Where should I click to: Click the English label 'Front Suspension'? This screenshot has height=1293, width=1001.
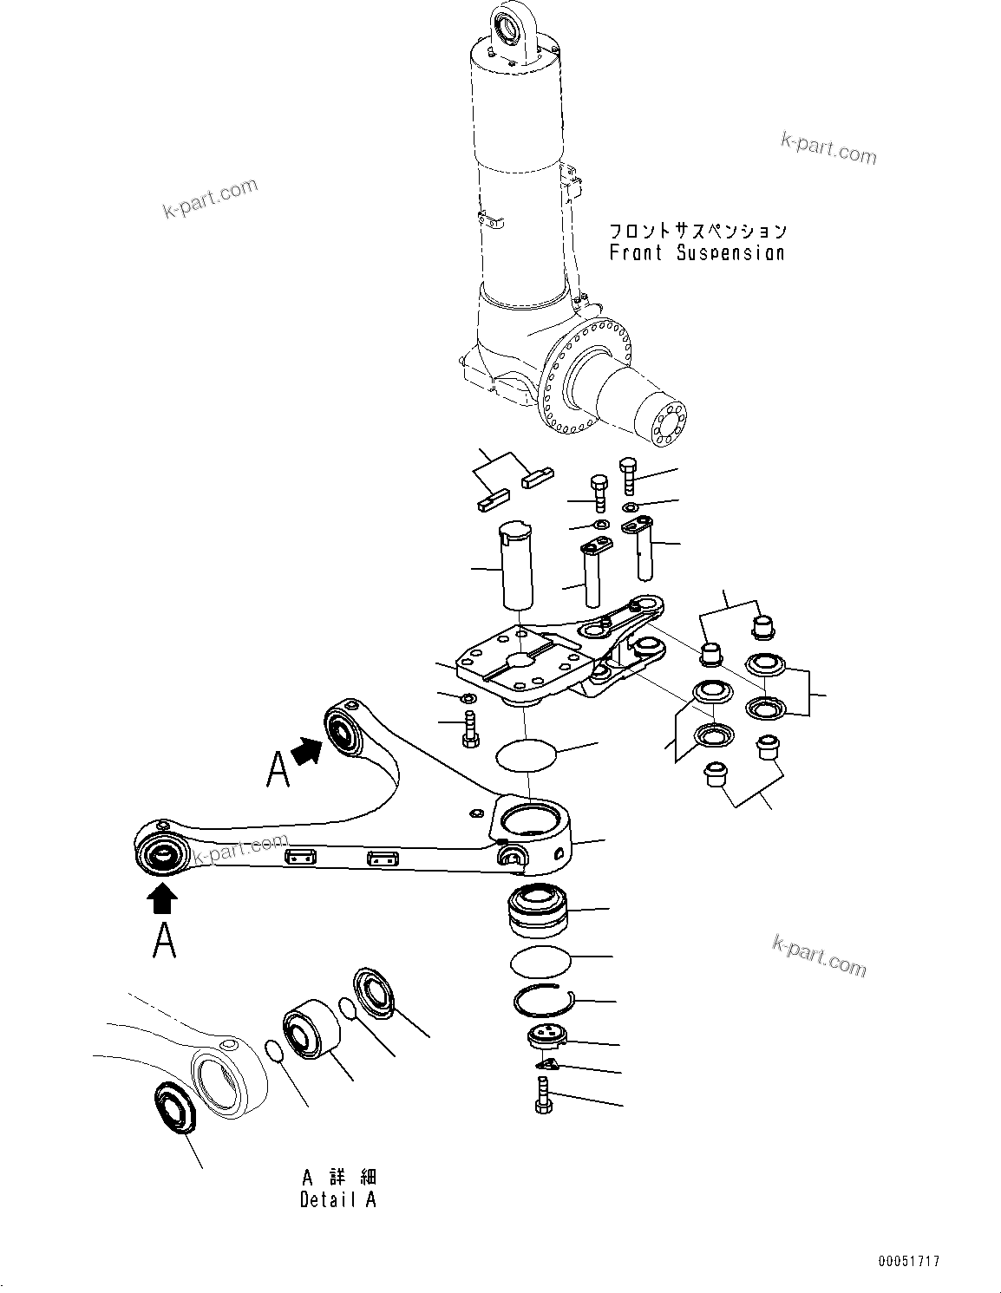[697, 253]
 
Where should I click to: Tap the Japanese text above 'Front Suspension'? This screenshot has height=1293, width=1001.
[697, 231]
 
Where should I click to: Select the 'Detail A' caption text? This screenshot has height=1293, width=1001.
[338, 1200]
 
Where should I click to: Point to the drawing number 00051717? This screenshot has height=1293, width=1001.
[907, 1262]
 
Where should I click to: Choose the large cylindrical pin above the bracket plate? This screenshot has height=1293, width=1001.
[516, 564]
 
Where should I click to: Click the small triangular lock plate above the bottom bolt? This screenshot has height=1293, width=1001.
[546, 1064]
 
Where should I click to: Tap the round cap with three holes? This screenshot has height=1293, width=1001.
[546, 1035]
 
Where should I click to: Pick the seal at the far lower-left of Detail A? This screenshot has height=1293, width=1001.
[175, 1108]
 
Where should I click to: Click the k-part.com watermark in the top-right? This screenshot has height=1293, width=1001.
[828, 148]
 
